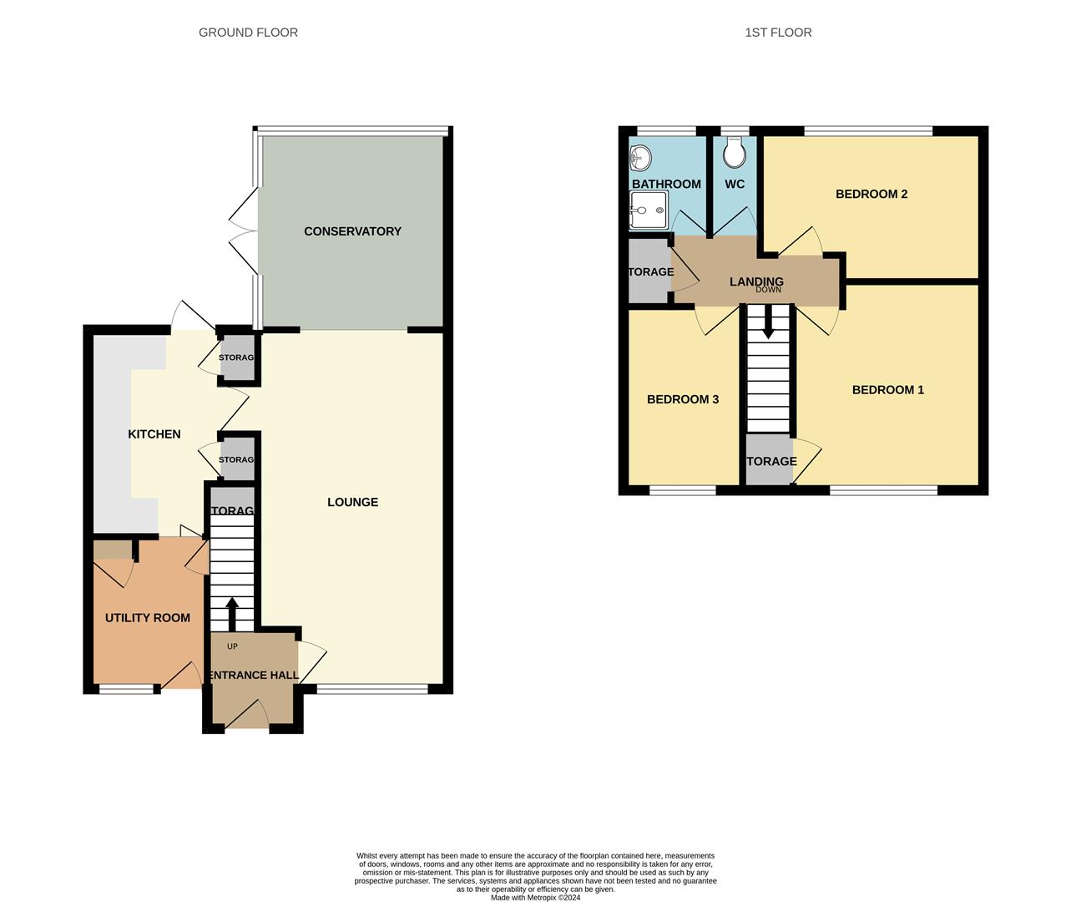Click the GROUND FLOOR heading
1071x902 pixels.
coord(248,33)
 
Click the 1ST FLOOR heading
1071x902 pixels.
coord(778,33)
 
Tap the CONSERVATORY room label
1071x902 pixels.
coord(352,231)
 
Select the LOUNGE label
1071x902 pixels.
coord(352,502)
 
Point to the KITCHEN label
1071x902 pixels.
coord(154,434)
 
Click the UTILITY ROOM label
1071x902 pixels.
coord(148,618)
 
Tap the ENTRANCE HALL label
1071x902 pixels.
coord(253,675)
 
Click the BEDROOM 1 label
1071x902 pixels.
coord(887,390)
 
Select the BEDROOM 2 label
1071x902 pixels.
coord(871,194)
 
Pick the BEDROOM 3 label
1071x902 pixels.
coord(683,399)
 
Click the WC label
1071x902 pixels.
coord(735,184)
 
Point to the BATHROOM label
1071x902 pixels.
coord(666,184)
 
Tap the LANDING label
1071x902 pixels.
coord(756,281)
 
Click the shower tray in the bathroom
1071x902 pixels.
coord(648,210)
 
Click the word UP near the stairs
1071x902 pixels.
coord(232,646)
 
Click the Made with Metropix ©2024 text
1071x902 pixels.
coord(535,898)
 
